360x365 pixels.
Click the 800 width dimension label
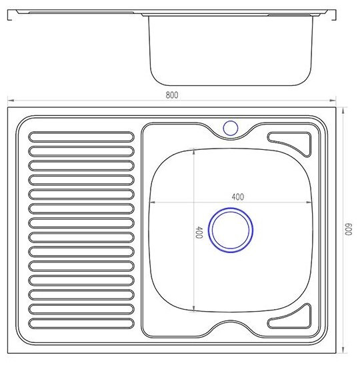[x=171, y=95]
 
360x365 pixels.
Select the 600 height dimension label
[x=348, y=230]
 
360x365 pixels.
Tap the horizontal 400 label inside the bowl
[x=237, y=196]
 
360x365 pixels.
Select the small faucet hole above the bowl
[x=231, y=127]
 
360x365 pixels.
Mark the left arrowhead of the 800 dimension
[x=9, y=102]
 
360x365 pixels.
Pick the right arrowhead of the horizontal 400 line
[x=312, y=202]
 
